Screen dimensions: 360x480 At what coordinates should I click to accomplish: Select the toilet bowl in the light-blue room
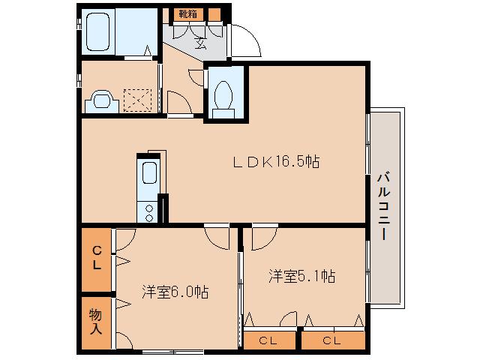tap(222, 96)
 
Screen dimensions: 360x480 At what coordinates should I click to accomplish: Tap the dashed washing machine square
tap(137, 100)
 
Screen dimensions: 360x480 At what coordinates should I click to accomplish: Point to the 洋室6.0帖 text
tap(175, 292)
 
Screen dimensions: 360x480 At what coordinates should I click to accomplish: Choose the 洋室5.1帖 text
tap(301, 276)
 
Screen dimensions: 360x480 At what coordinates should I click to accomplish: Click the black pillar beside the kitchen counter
tap(164, 208)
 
